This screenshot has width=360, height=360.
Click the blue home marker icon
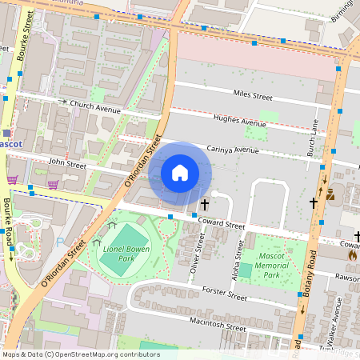pos(180,173)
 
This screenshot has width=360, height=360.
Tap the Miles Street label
pos(252,95)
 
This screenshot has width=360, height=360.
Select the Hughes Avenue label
pos(239,122)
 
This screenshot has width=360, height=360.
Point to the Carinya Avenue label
pos(233,149)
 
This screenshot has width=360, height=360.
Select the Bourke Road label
pos(10,226)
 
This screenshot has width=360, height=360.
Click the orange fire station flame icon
pos(351,254)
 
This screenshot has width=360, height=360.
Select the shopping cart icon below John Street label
pos(53,183)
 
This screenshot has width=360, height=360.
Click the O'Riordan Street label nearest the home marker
pos(144,161)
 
